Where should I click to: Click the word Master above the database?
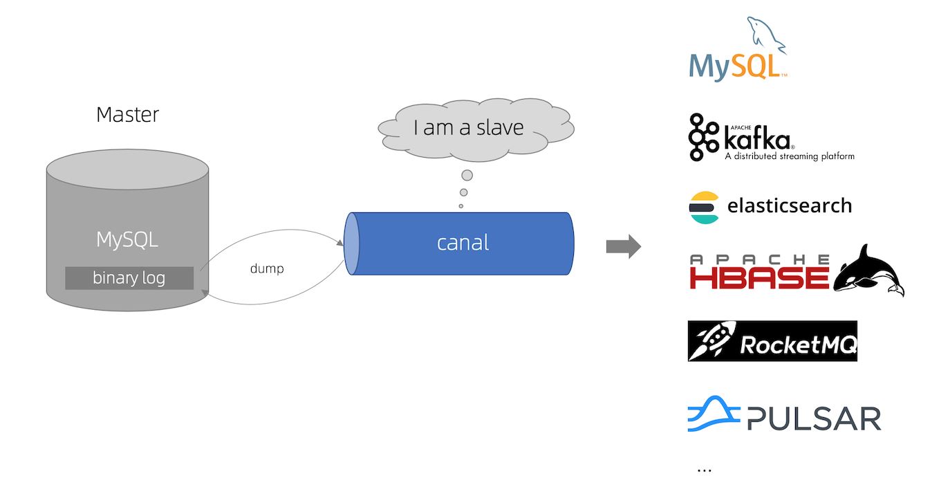(127, 114)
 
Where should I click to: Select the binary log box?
(129, 278)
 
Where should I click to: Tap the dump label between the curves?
(266, 268)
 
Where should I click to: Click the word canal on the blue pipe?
(463, 243)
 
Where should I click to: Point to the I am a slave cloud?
(468, 127)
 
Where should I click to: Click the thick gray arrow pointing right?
(623, 247)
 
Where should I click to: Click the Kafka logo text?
(756, 140)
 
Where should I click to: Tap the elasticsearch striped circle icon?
(704, 207)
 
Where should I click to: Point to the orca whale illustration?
(869, 270)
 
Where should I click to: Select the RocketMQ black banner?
(772, 341)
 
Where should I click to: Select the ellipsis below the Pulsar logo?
(704, 470)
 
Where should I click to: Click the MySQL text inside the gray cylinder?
(127, 240)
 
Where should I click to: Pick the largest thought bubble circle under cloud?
(467, 175)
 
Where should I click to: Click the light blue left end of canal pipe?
(352, 244)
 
